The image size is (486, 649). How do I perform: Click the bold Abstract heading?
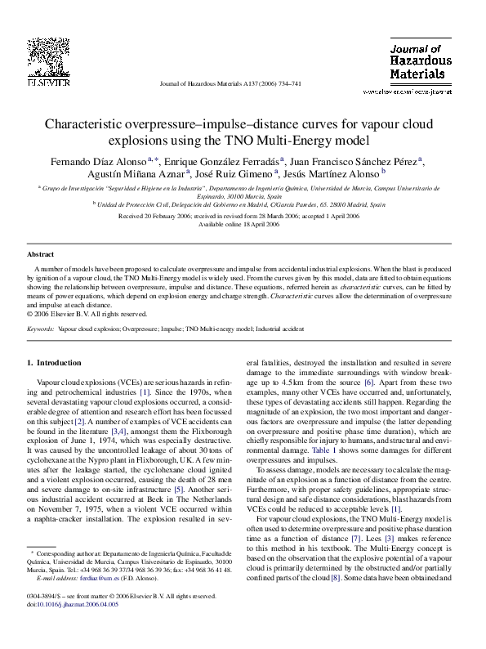point(42,254)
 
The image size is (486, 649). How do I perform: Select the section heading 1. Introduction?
point(55,361)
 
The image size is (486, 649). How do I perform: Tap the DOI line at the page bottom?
point(73,628)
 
